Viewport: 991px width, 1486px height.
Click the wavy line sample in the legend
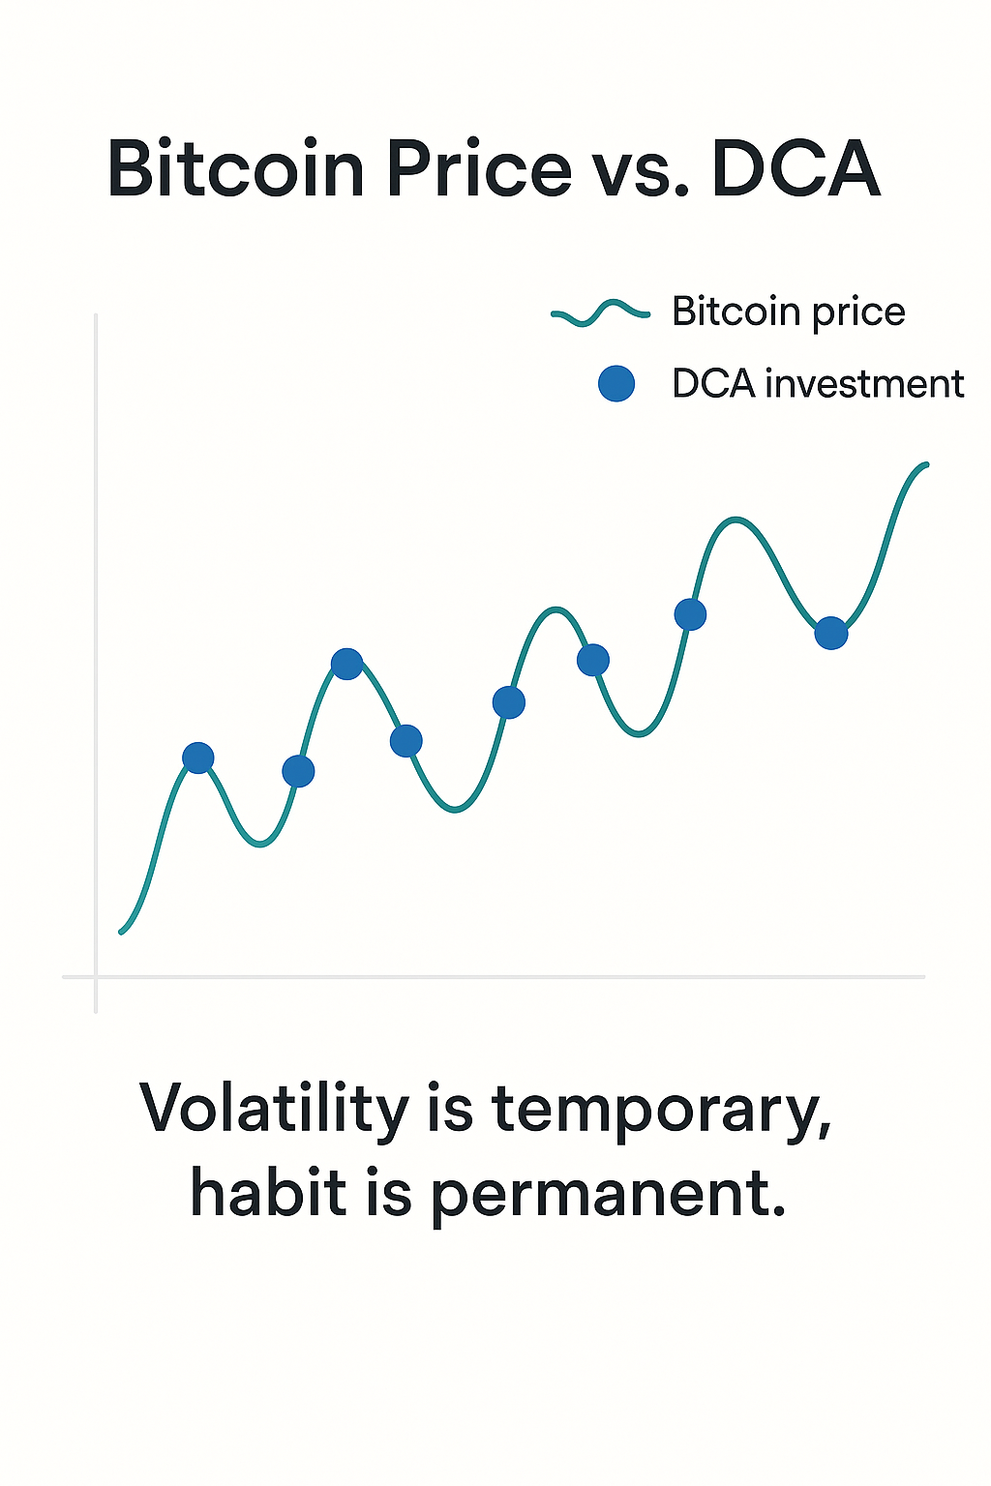(600, 312)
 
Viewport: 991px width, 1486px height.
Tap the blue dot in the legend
(616, 384)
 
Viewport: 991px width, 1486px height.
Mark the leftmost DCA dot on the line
(198, 758)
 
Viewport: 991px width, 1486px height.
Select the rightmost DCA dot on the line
(831, 634)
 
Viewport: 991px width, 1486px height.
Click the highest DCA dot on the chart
(690, 614)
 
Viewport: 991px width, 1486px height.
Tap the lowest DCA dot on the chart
(298, 771)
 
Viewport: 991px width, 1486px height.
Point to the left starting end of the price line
(121, 932)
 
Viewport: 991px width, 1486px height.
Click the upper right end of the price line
(926, 465)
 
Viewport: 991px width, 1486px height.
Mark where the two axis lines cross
(96, 977)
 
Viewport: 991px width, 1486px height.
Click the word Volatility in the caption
(274, 1109)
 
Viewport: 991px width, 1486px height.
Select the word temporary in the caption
(661, 1111)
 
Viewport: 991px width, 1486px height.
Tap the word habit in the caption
(268, 1192)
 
